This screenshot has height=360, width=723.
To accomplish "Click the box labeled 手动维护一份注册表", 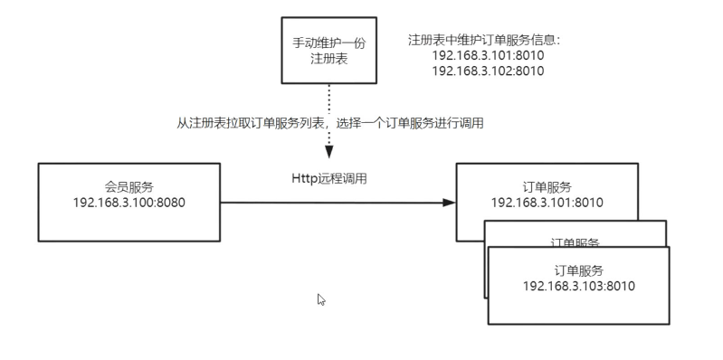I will pos(328,50).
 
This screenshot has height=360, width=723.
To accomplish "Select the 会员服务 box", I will pos(128,202).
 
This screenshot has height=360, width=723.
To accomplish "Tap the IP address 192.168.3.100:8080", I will pos(128,203).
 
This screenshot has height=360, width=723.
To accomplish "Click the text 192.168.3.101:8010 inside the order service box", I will pos(547,203).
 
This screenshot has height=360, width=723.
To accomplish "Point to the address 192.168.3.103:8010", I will pos(579,286).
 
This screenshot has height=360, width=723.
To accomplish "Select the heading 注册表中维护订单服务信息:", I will pos(485,41).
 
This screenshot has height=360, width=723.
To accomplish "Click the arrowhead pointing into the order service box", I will pos(449,203).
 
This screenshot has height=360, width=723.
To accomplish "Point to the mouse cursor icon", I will pos(321,299).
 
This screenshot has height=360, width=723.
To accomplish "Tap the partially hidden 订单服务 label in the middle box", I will pos(576,242).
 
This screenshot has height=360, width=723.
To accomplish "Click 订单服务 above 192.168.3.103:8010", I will pos(579,270).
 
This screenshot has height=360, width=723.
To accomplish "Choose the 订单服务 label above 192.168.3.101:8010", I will pos(547,187).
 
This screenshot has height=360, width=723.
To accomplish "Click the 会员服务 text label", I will pos(128,187).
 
